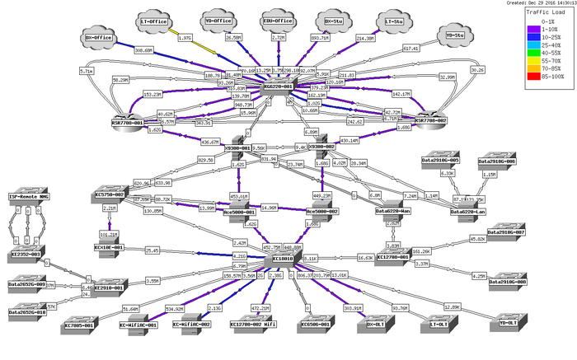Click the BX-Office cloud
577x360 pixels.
click(x=99, y=38)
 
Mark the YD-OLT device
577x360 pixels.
click(x=514, y=319)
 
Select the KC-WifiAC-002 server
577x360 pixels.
click(x=191, y=319)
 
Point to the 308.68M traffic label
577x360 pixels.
click(x=144, y=50)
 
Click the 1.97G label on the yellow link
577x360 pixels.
click(x=186, y=38)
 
